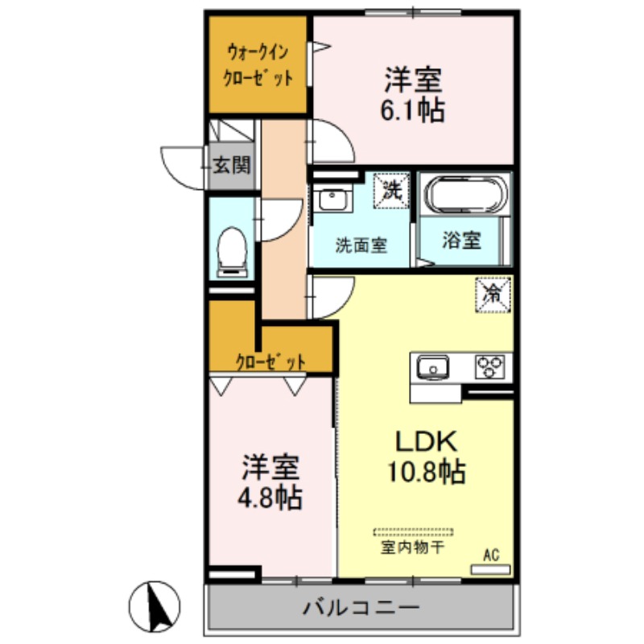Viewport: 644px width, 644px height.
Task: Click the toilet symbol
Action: [x=233, y=249]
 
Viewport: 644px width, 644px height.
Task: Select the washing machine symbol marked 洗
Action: [x=392, y=192]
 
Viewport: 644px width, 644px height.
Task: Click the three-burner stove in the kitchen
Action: [x=493, y=367]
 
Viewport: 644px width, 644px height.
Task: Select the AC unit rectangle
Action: [x=490, y=568]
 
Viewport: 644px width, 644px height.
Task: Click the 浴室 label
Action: [x=462, y=240]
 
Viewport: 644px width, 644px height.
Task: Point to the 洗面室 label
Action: [x=361, y=245]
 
